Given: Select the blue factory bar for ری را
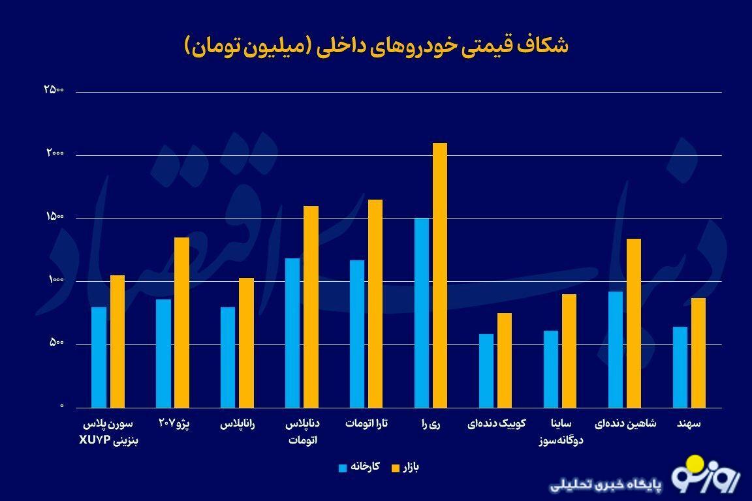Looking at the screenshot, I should click(422, 313).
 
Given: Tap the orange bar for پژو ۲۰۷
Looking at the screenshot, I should click(181, 322).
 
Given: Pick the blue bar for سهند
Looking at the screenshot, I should click(680, 367).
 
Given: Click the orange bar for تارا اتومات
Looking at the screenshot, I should click(375, 303).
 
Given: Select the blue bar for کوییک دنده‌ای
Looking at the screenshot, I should click(486, 371).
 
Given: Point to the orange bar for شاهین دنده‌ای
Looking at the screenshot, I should click(634, 323).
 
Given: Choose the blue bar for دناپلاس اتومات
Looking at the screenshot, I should click(292, 333).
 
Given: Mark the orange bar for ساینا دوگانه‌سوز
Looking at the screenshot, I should click(569, 351).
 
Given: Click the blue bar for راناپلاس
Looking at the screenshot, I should click(228, 357).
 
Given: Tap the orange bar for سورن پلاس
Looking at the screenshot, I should click(117, 341).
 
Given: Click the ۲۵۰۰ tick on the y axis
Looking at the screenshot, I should click(54, 90).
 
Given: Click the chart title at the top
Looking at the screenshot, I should click(376, 46).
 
